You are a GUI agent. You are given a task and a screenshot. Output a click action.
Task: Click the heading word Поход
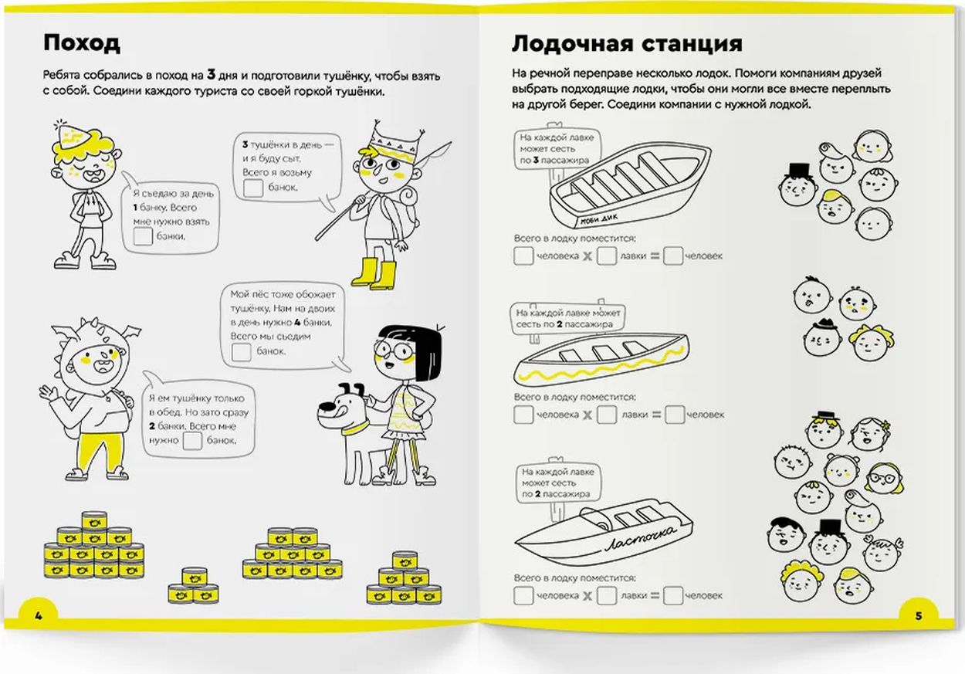[82, 43]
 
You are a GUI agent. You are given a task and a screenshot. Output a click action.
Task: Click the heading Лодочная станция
[627, 43]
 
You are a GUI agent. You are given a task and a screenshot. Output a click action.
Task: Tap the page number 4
[36, 615]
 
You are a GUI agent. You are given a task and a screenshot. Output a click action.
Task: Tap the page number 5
[918, 615]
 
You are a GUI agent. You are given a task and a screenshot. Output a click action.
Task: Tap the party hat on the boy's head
[71, 137]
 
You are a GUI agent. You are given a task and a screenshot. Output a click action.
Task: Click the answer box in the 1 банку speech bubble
[143, 238]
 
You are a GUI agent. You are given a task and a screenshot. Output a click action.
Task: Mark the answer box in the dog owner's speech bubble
[242, 352]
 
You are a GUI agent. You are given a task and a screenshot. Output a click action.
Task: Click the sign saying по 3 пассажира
[554, 149]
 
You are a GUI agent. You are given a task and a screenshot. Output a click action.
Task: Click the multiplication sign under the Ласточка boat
[587, 596]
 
